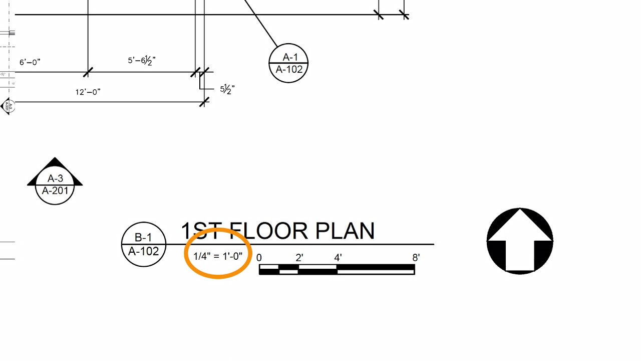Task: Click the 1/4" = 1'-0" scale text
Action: [218, 256]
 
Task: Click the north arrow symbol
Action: [520, 241]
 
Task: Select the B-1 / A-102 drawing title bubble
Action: [144, 244]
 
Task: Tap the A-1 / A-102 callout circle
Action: [288, 63]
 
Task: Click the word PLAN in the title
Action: [345, 231]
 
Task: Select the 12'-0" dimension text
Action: [88, 92]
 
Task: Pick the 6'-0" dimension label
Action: [30, 62]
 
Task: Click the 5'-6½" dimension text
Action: [142, 61]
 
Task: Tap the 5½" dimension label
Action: [227, 89]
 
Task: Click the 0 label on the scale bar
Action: [259, 258]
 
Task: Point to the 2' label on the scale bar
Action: [299, 258]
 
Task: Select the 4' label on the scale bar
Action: [338, 258]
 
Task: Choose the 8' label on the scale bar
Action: [416, 258]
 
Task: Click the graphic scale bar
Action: [337, 270]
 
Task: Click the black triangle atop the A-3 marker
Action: [55, 163]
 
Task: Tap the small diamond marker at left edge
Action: [8, 106]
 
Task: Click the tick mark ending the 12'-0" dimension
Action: [204, 102]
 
